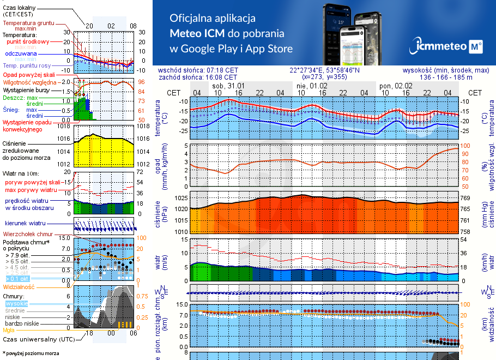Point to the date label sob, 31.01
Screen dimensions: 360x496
[228, 86]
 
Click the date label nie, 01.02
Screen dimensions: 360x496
[312, 86]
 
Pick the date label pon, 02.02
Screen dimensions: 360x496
[396, 86]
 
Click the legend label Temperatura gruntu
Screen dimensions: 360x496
[28, 23]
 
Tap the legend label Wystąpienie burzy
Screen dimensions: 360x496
[26, 89]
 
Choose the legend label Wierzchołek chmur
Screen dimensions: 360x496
[27, 234]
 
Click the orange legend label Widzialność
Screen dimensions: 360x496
[19, 286]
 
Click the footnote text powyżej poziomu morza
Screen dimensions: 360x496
[31, 353]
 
